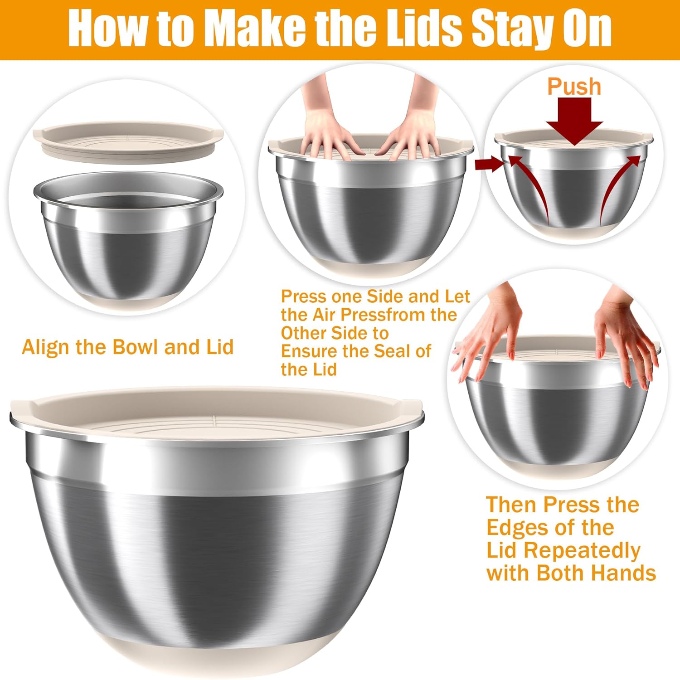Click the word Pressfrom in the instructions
(384, 315)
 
